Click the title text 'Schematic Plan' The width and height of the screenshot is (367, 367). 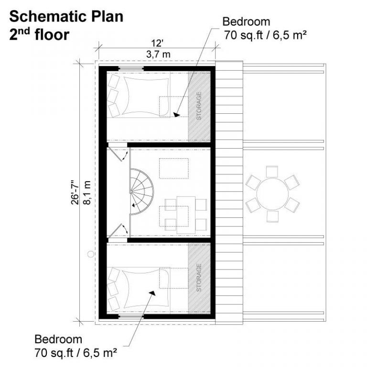tap(66, 17)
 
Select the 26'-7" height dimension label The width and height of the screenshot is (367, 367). tap(73, 192)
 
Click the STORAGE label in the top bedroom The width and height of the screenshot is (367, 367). tap(199, 106)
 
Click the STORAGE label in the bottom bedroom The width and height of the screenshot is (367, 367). tap(199, 278)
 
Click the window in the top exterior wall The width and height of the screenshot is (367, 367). tap(131, 69)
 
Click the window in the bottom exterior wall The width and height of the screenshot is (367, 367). tap(131, 316)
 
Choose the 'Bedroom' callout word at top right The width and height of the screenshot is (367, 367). tap(246, 22)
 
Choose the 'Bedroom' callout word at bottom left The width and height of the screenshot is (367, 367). tap(58, 339)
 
